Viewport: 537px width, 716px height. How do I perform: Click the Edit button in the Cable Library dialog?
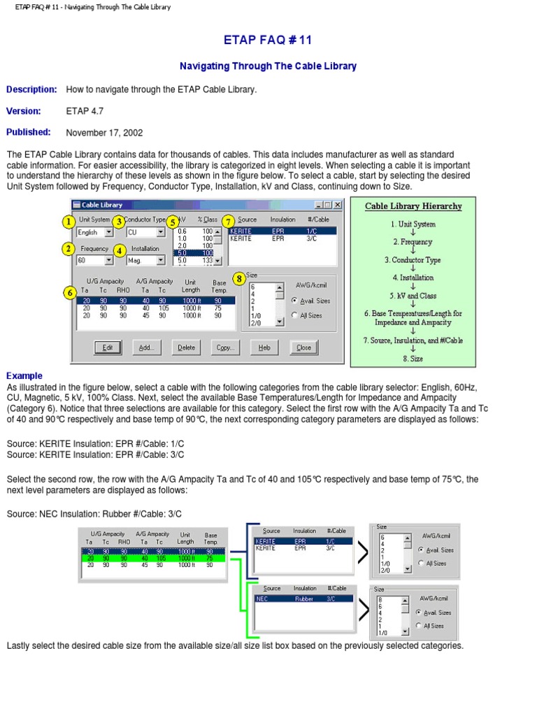point(107,348)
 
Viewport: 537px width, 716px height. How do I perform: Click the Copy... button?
point(225,348)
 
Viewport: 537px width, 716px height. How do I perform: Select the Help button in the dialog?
point(264,348)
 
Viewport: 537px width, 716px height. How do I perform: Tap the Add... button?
point(146,348)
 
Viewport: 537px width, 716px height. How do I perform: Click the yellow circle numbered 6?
point(69,293)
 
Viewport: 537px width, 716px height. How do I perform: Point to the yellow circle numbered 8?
point(239,278)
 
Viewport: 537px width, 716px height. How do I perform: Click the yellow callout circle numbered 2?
point(69,249)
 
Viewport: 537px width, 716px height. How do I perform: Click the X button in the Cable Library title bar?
point(338,205)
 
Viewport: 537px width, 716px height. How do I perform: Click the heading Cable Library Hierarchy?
point(413,206)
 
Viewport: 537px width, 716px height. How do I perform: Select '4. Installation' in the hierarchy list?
point(413,278)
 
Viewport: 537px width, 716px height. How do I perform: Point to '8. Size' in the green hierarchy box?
point(413,358)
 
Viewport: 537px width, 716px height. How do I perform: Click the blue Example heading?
point(24,375)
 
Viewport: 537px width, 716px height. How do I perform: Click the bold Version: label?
point(24,111)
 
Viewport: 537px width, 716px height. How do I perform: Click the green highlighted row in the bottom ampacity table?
point(153,558)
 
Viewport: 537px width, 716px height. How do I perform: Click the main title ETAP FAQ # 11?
point(268,41)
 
